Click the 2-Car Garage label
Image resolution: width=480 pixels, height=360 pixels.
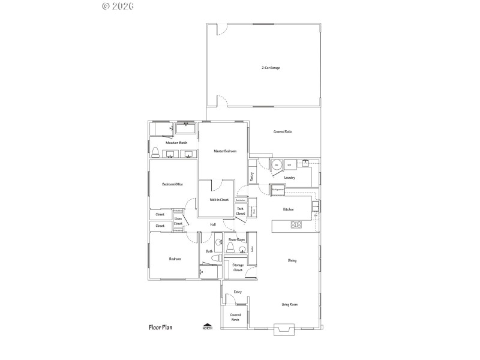pyautogui.click(x=271, y=68)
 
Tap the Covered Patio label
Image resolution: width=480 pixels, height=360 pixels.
pyautogui.click(x=283, y=131)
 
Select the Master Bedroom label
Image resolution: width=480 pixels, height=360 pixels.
pyautogui.click(x=224, y=151)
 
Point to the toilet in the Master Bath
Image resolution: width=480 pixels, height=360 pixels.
pyautogui.click(x=155, y=151)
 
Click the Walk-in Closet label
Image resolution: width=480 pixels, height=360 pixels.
pyautogui.click(x=219, y=200)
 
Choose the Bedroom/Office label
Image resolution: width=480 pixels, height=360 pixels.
pyautogui.click(x=173, y=184)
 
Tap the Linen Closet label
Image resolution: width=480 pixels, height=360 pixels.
pyautogui.click(x=178, y=221)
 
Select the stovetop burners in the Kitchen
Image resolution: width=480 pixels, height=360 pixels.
pyautogui.click(x=296, y=225)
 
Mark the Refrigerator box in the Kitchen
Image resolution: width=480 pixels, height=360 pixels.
pyautogui.click(x=277, y=190)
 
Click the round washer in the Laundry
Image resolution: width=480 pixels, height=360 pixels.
pyautogui.click(x=277, y=164)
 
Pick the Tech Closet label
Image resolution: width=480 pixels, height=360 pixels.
pyautogui.click(x=240, y=211)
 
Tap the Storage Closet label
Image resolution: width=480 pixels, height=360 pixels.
pyautogui.click(x=238, y=268)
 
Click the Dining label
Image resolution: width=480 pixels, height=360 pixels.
pyautogui.click(x=292, y=260)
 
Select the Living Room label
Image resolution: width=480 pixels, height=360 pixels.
pyautogui.click(x=290, y=305)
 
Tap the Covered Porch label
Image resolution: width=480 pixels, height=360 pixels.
pyautogui.click(x=235, y=317)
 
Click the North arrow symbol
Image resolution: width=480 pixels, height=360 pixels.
pyautogui.click(x=207, y=325)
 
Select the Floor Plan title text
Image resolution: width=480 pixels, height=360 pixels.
pyautogui.click(x=161, y=328)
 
